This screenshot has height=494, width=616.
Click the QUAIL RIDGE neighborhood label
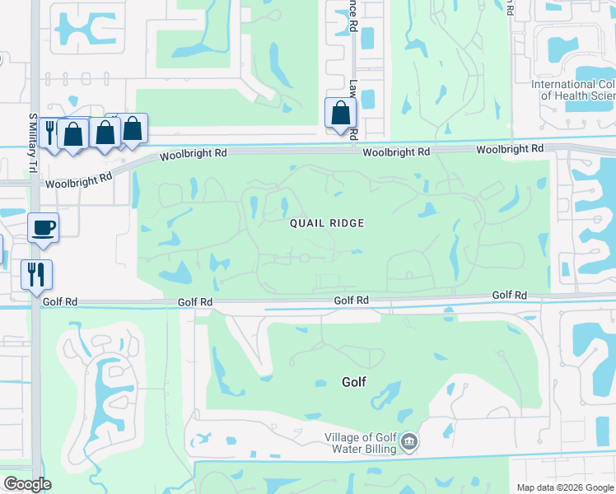pyautogui.click(x=326, y=223)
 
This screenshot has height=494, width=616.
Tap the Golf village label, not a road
pyautogui.click(x=353, y=382)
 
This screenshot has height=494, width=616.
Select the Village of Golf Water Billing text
pyautogui.click(x=360, y=443)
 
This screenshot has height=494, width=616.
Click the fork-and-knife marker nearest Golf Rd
pyautogui.click(x=36, y=274)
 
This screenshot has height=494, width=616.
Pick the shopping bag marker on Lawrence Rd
pyautogui.click(x=340, y=114)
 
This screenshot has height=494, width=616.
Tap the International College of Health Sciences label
pyautogui.click(x=574, y=90)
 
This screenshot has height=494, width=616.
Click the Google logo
pyautogui.click(x=27, y=484)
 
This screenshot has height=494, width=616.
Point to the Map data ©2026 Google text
pyautogui.click(x=564, y=487)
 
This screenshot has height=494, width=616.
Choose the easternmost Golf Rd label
pyautogui.click(x=509, y=295)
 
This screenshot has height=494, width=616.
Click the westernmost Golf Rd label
pyautogui.click(x=195, y=302)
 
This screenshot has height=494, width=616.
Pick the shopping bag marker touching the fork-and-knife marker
pyautogui.click(x=72, y=135)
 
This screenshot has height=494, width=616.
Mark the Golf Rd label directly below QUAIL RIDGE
pyautogui.click(x=352, y=301)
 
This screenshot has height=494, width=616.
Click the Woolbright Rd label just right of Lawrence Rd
pyautogui.click(x=396, y=152)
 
